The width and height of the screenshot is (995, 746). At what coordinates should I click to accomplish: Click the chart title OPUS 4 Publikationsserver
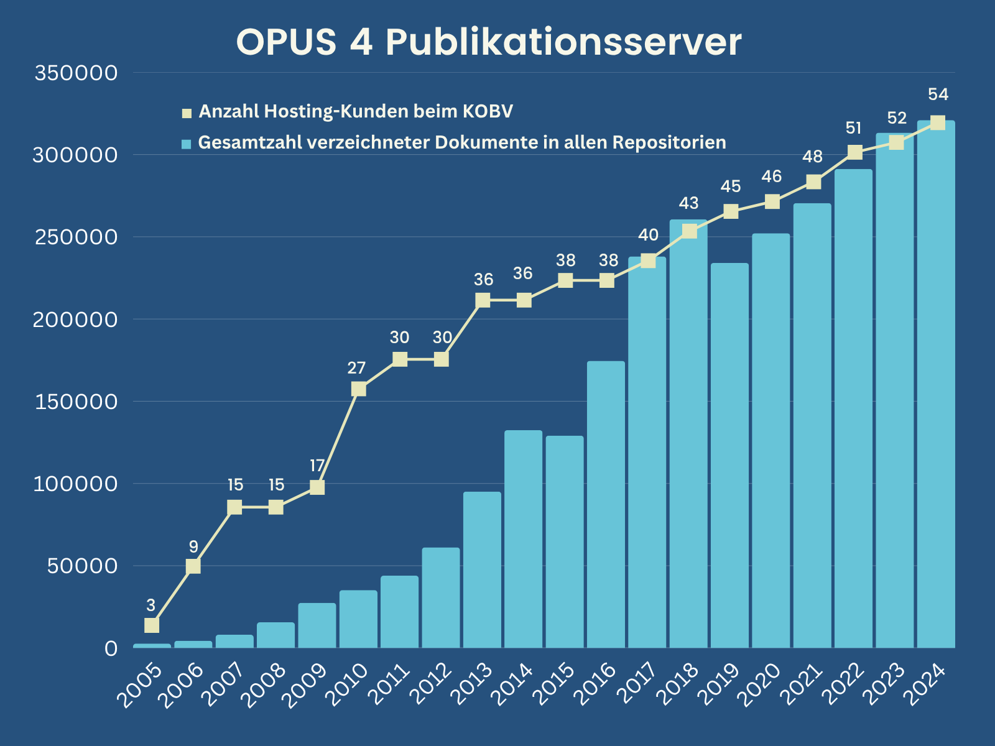tap(489, 42)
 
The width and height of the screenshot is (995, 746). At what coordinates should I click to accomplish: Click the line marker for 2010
tap(358, 389)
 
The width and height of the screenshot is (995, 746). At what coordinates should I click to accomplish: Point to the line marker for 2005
tap(152, 625)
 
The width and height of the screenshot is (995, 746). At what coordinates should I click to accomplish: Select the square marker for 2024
tap(937, 123)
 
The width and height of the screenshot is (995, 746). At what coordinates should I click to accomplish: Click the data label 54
tap(938, 94)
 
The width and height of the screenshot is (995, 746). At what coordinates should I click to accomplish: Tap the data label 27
tap(356, 368)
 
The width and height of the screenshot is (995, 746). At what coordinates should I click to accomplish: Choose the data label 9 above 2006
tap(193, 547)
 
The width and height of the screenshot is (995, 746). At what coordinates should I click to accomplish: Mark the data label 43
tap(688, 203)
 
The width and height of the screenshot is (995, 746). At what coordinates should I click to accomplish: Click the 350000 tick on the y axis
tap(76, 73)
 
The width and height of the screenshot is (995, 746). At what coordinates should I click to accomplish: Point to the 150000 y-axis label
tap(76, 402)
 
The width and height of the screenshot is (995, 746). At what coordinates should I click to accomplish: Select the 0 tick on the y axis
tap(111, 648)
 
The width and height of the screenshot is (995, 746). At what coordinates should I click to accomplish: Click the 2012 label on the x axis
tap(430, 686)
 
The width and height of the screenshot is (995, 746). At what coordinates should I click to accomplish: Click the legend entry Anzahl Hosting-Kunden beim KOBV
tap(355, 112)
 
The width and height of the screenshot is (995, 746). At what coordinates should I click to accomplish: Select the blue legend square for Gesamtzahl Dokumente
tap(186, 144)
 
